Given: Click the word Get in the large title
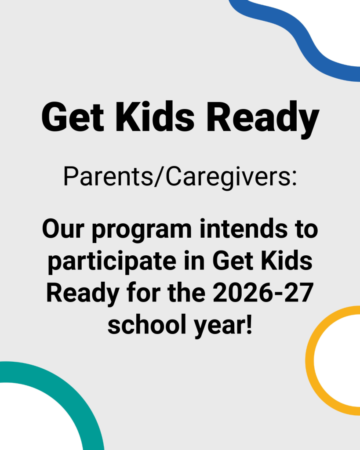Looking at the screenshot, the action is point(73,117).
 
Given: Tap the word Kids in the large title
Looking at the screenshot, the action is point(155,116).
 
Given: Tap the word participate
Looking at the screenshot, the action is point(112,262).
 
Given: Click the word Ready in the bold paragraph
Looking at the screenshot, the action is point(83,294).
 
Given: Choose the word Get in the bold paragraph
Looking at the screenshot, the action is point(233,261).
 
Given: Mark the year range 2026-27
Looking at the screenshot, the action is point(263,293).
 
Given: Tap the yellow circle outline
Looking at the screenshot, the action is point(310,360).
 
